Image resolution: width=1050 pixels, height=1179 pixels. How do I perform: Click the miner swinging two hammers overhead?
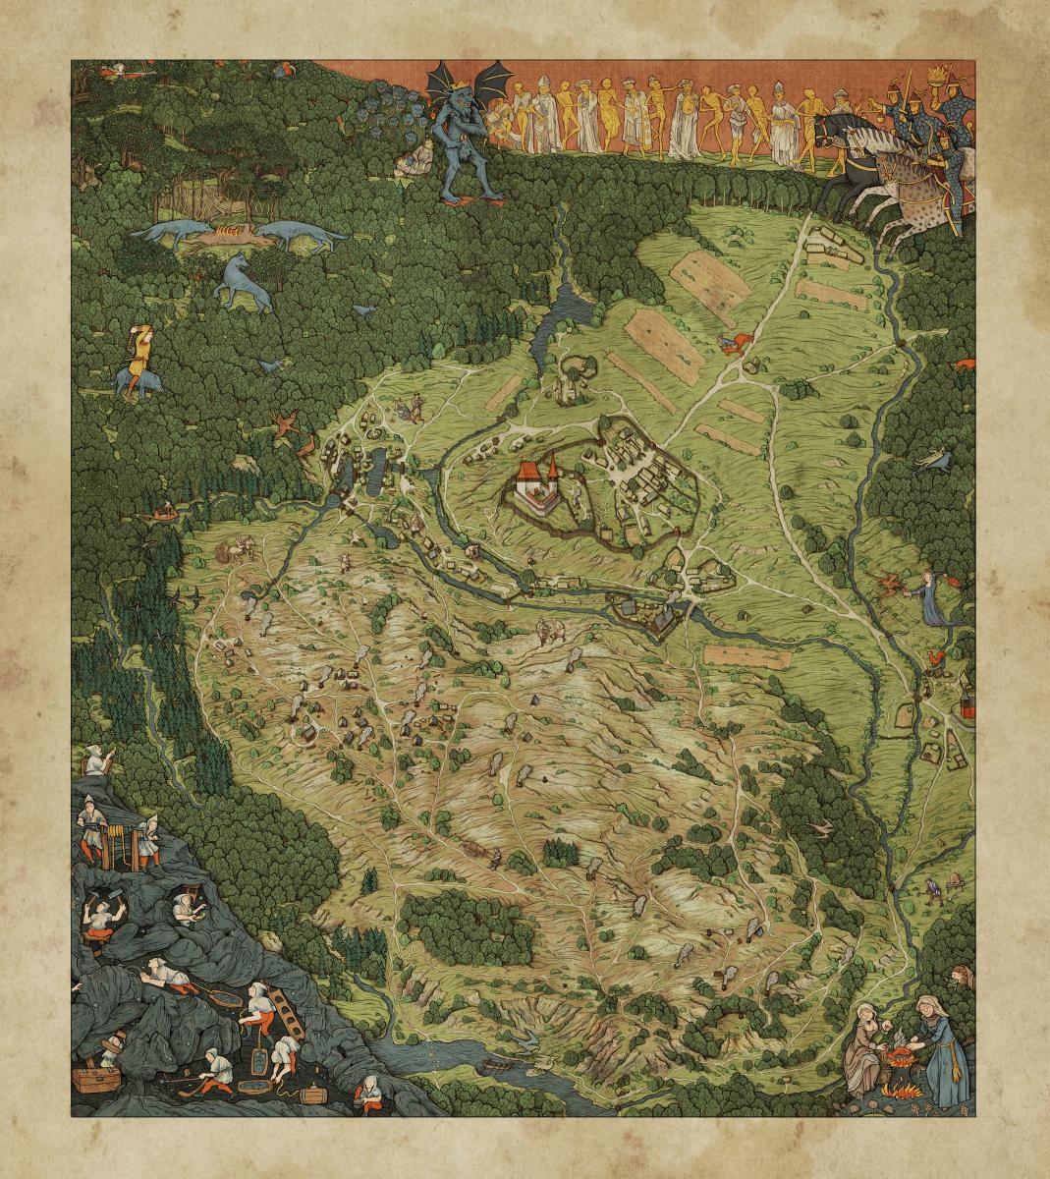tap(99, 913)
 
